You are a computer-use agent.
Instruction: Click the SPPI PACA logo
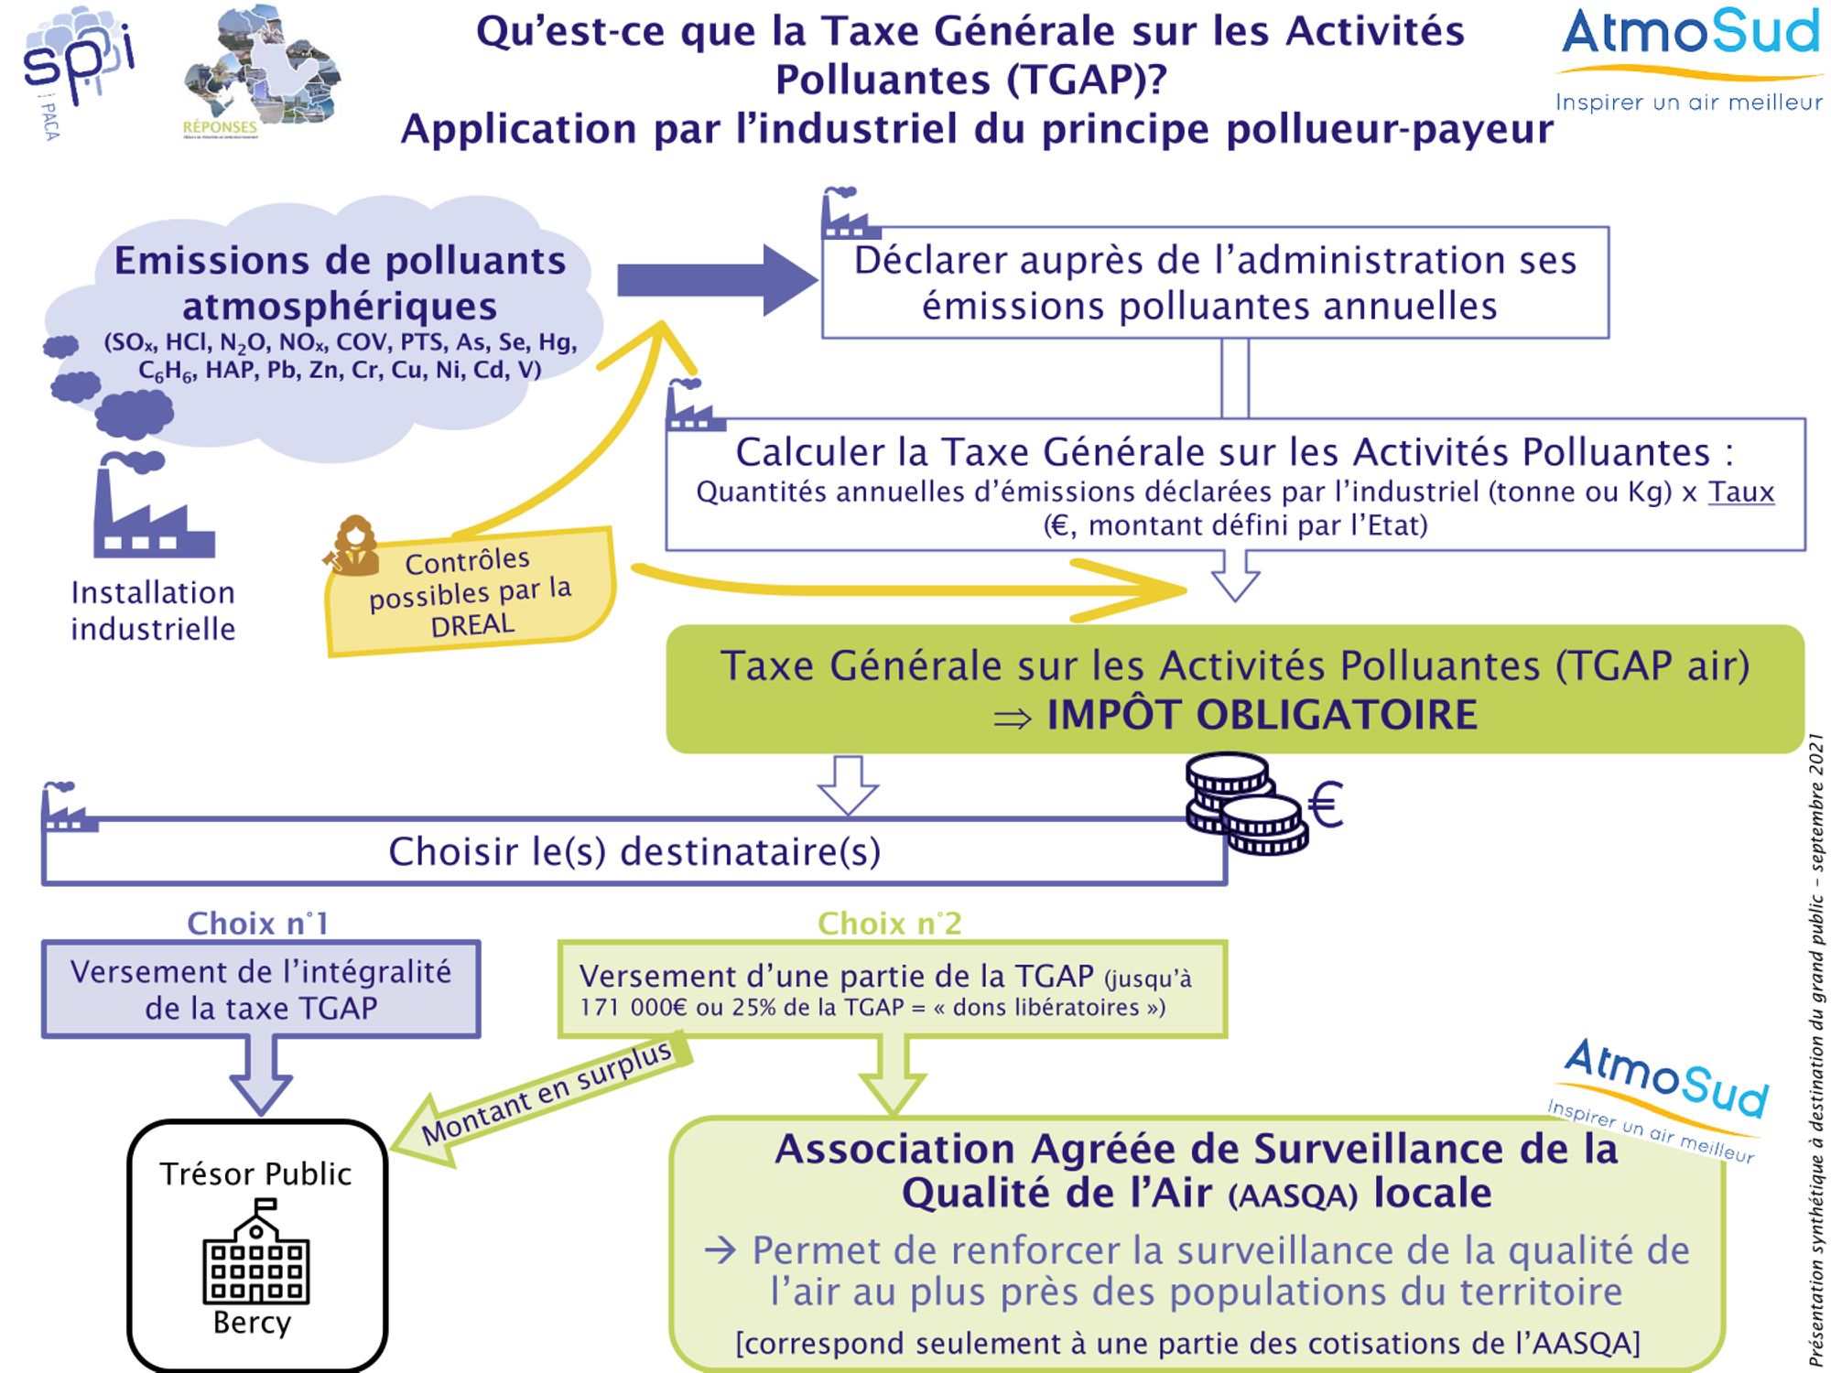(78, 69)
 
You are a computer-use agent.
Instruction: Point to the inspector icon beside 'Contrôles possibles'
(352, 546)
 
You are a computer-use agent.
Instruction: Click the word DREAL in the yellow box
(472, 625)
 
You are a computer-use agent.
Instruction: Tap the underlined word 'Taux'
(1740, 492)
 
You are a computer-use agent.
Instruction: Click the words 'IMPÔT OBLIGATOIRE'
(1262, 716)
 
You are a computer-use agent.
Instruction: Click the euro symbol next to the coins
(1326, 805)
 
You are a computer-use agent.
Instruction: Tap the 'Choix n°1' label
(257, 924)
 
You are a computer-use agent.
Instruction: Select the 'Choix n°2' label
(889, 924)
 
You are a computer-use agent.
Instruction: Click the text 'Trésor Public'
(255, 1174)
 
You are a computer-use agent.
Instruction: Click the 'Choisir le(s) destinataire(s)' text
(634, 852)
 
